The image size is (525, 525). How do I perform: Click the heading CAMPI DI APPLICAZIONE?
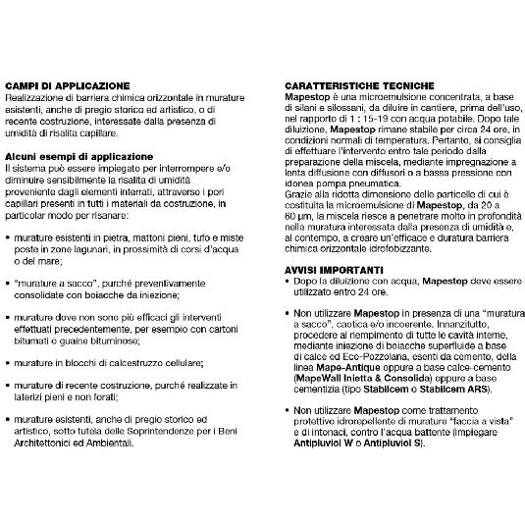click(x=67, y=85)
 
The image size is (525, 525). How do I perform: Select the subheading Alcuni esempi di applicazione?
click(x=81, y=155)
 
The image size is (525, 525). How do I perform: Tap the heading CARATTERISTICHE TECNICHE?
click(x=356, y=85)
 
